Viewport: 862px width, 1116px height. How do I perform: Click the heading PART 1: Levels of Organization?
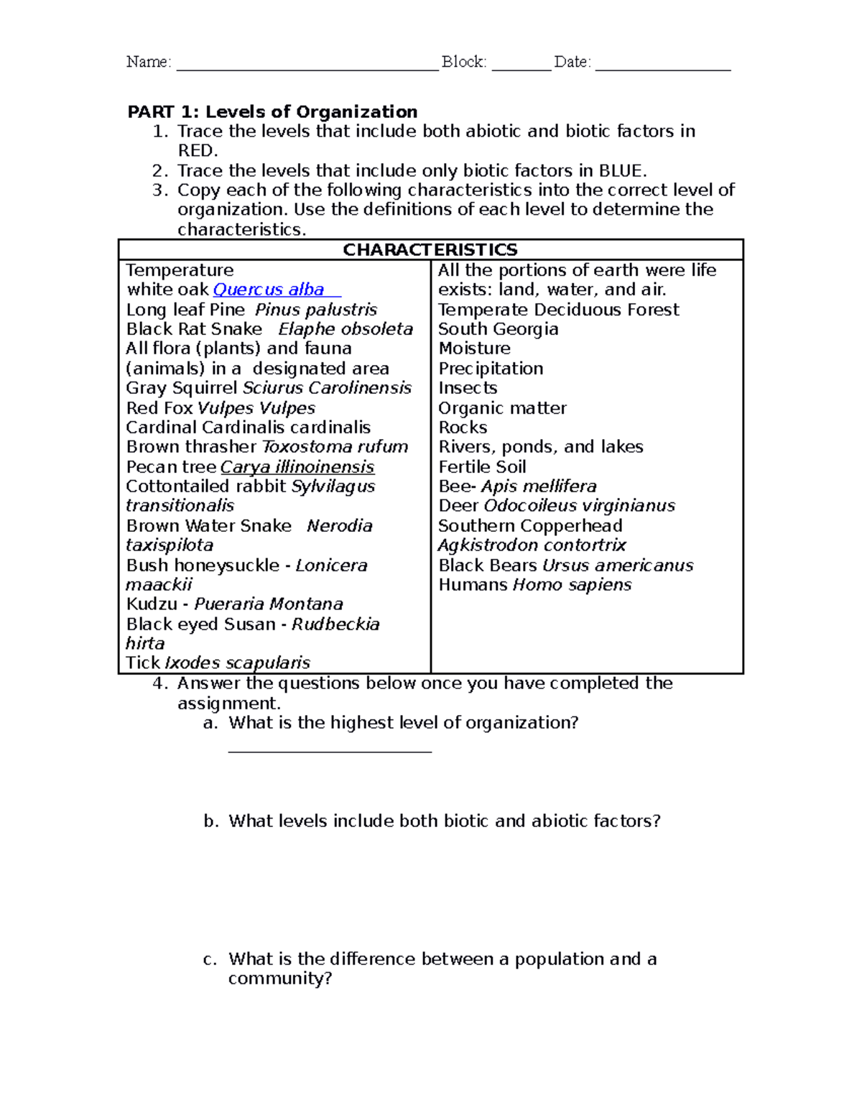(x=272, y=111)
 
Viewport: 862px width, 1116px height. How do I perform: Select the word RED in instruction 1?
(x=196, y=151)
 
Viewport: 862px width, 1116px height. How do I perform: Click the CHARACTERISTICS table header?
(x=430, y=250)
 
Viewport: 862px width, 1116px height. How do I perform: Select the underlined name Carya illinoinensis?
(x=297, y=467)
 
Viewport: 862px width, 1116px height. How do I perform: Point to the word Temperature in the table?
(x=180, y=270)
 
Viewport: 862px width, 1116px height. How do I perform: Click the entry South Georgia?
(x=498, y=329)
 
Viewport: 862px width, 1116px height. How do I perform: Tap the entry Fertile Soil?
(x=482, y=467)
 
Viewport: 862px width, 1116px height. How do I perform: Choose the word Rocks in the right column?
(x=463, y=428)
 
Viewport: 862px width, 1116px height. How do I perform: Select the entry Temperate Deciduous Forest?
(x=558, y=310)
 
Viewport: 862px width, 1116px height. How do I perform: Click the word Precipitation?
(x=491, y=369)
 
